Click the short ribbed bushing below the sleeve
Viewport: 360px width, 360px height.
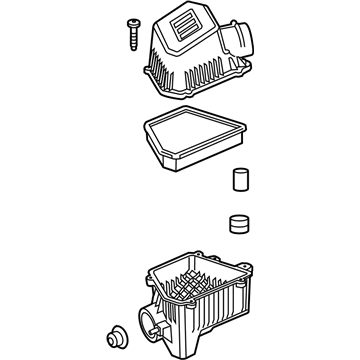coord(238,221)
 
